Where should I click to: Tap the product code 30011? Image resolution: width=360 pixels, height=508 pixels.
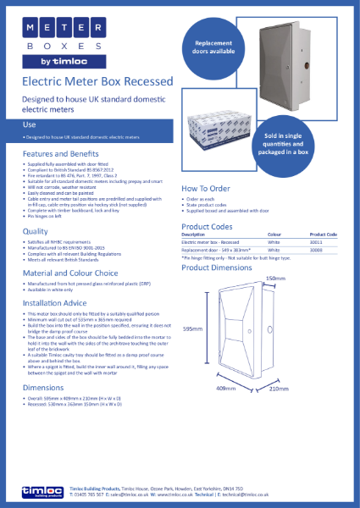[324, 241]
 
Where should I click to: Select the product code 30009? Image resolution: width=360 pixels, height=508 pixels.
[324, 250]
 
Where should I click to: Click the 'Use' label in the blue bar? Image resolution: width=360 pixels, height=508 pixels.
[29, 124]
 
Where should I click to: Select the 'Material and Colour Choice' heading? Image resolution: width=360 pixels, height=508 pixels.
[70, 273]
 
